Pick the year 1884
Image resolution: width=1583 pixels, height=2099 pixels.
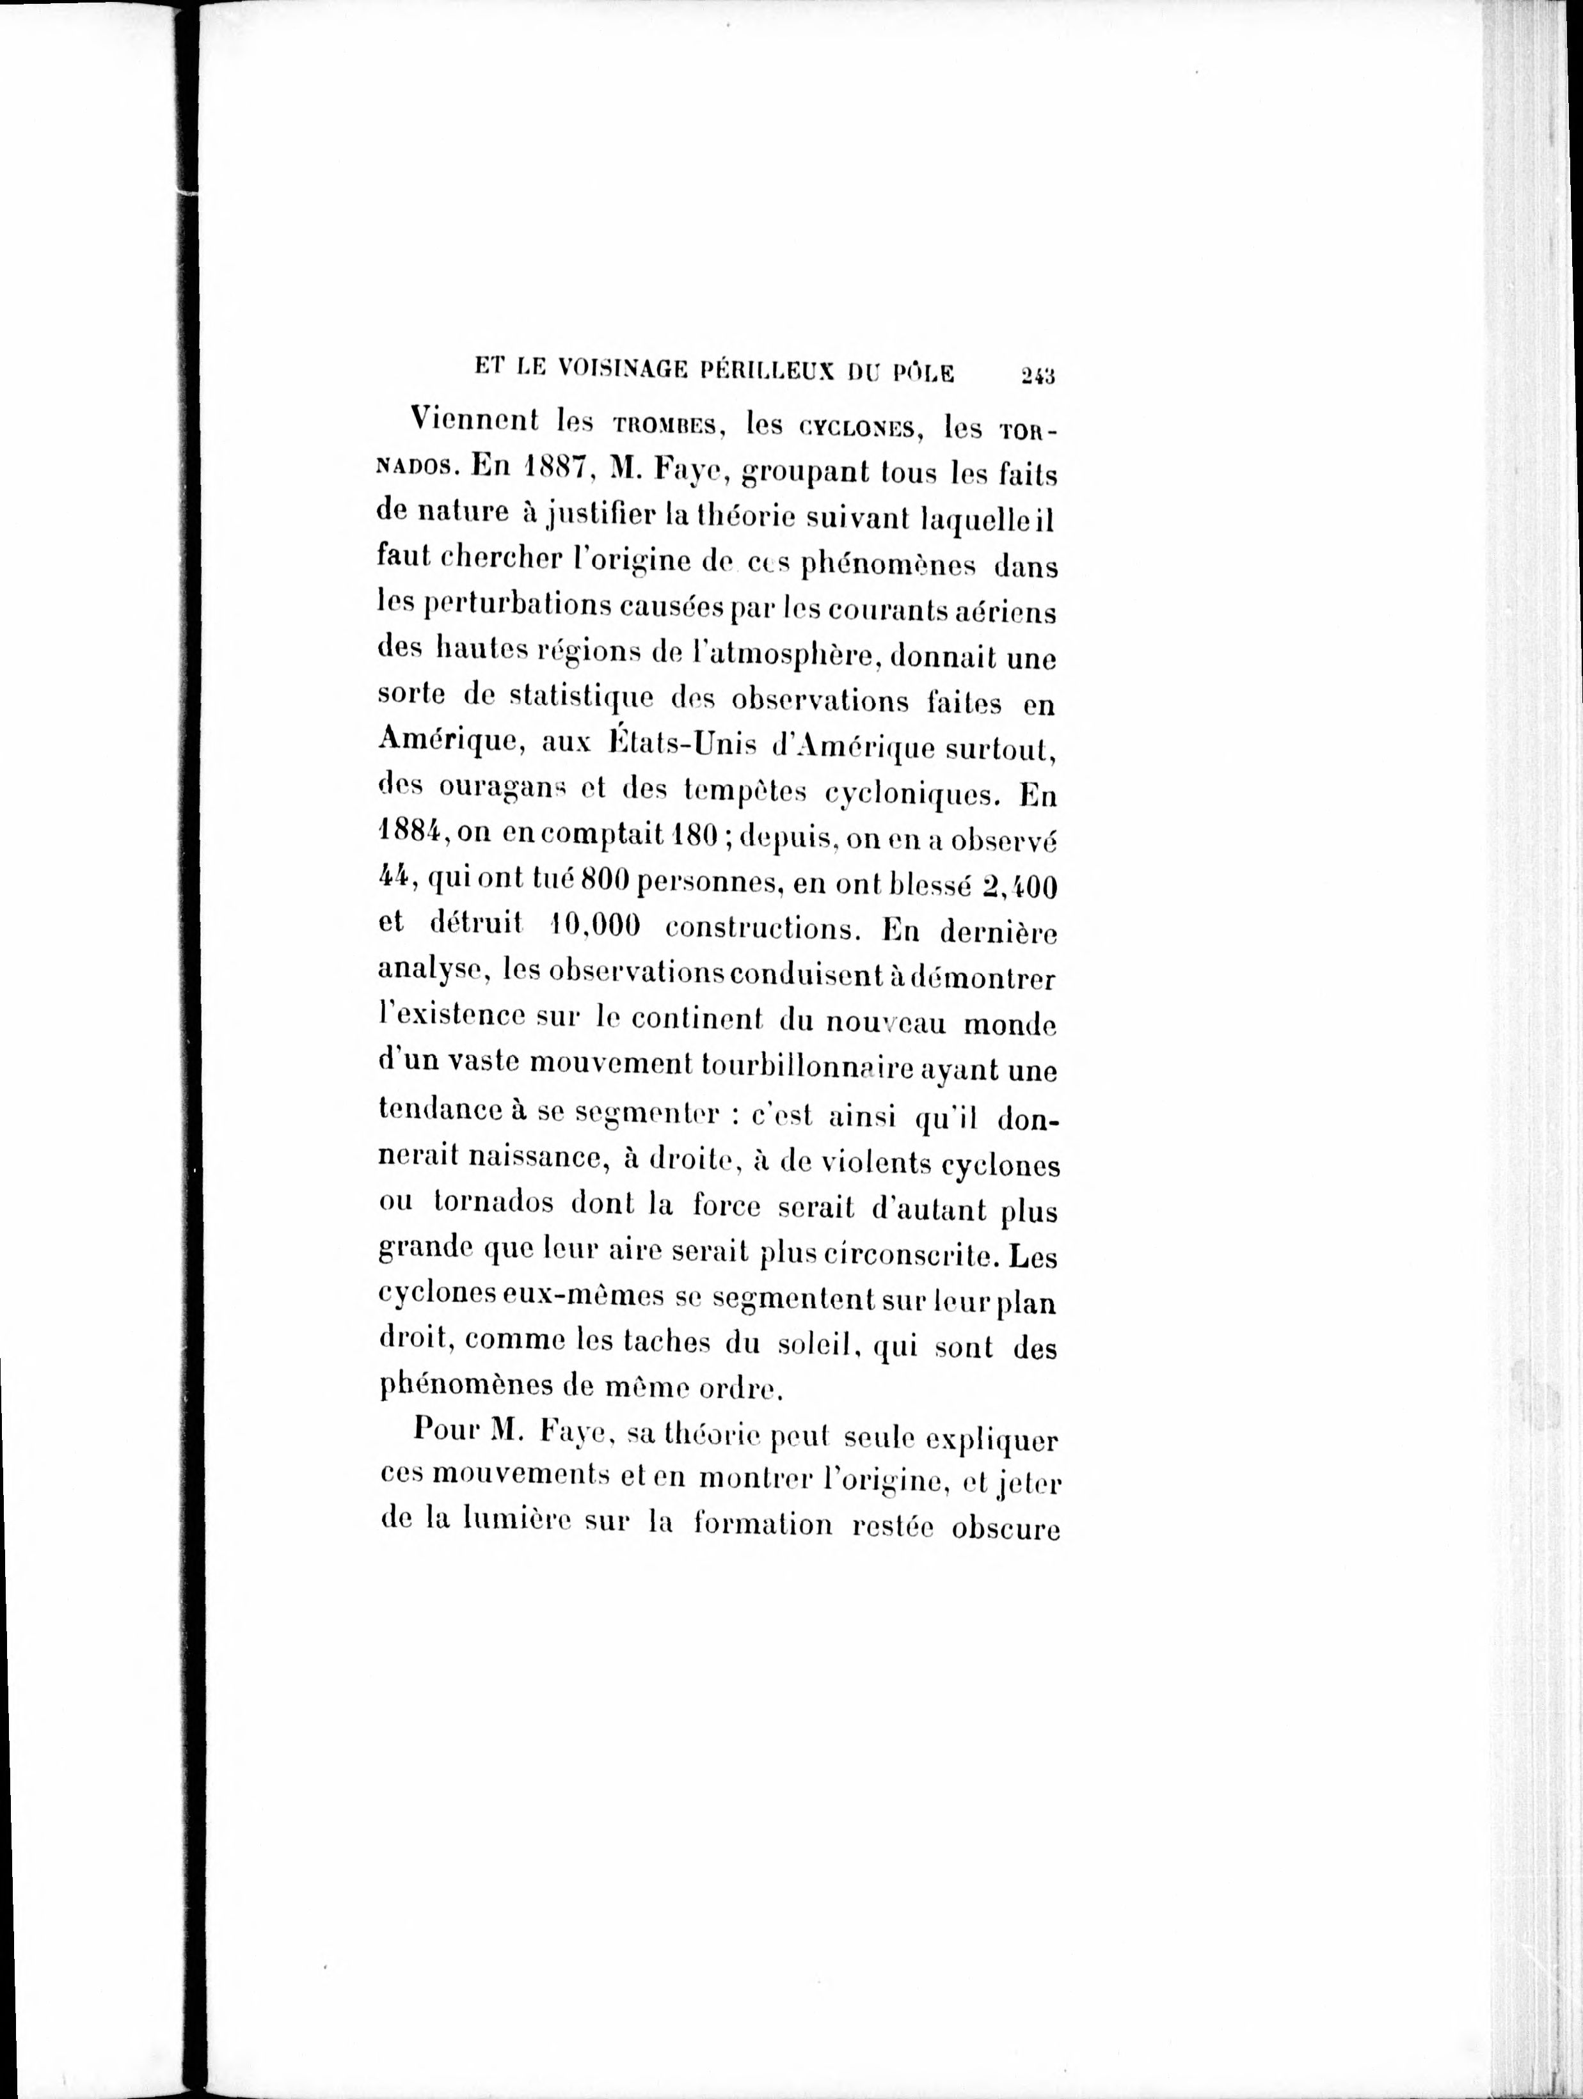(x=407, y=835)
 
